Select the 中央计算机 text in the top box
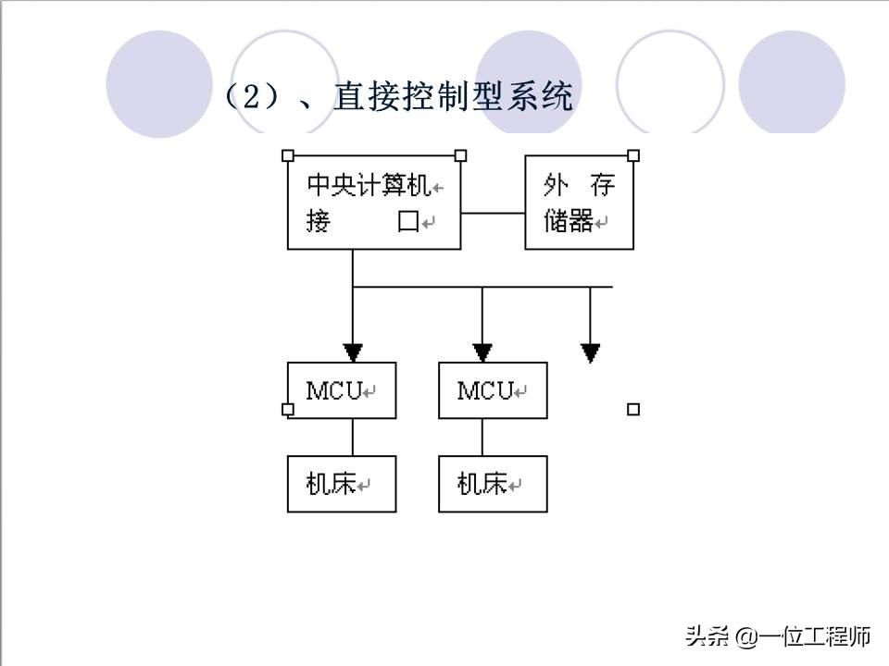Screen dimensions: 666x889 click(369, 188)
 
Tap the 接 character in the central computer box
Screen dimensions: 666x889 click(318, 222)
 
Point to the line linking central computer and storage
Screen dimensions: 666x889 click(493, 213)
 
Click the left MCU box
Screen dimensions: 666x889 click(341, 390)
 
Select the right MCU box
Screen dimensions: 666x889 click(493, 390)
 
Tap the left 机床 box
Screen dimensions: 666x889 click(341, 484)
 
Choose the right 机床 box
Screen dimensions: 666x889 click(493, 484)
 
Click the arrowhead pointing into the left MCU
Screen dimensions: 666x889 click(353, 352)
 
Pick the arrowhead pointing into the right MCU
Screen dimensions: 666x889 click(482, 352)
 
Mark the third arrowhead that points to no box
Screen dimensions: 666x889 click(591, 352)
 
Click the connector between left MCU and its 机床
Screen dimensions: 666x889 click(353, 437)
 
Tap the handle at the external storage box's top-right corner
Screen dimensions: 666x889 click(633, 155)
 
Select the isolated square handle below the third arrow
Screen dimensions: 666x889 click(633, 409)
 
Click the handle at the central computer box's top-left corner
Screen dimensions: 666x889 click(287, 155)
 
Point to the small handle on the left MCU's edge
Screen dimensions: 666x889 click(287, 409)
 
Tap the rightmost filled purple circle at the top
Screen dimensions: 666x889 click(792, 83)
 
